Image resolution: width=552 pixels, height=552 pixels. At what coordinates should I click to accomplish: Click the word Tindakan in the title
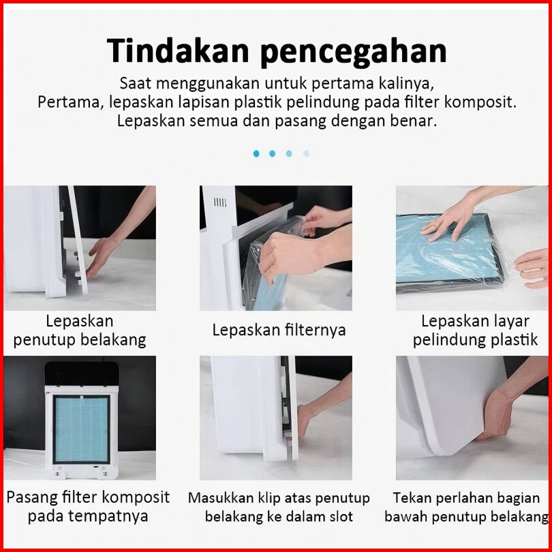178,50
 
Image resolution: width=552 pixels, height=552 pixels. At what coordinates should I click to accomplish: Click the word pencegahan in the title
354,52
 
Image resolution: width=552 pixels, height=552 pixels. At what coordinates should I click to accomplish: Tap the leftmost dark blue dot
256,153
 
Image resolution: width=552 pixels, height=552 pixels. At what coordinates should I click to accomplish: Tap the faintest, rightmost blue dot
306,153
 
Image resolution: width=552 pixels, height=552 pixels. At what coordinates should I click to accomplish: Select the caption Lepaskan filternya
279,331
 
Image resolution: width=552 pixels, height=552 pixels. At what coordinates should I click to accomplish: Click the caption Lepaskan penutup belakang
80,331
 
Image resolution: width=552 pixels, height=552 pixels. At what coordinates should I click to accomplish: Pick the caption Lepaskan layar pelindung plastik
475,331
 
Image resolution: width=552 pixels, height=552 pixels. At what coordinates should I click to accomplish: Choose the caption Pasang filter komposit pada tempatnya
88,506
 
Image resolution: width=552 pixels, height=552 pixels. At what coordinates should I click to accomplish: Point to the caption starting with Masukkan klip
279,507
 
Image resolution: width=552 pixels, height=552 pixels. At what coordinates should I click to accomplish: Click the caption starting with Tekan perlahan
466,507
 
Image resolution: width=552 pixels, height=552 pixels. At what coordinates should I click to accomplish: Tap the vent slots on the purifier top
220,202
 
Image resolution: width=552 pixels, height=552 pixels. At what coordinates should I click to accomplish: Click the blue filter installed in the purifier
81,429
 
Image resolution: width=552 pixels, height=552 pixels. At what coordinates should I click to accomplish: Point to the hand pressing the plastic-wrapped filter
449,219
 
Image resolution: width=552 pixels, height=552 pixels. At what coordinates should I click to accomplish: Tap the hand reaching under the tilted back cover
101,256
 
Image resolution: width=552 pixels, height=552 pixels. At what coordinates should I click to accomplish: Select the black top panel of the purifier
81,374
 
